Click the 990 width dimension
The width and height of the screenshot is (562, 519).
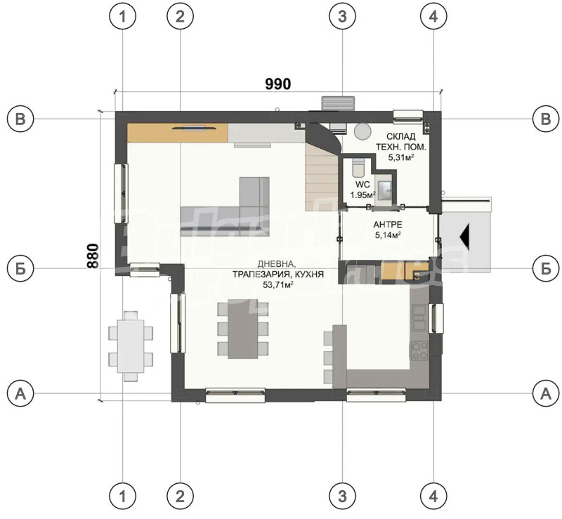(277, 84)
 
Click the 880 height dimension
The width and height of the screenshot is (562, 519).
(92, 257)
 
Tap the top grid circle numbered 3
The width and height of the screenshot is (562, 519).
(342, 19)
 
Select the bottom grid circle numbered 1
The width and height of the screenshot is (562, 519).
(124, 497)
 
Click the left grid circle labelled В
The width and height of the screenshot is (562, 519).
(21, 119)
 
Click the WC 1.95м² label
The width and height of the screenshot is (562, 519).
(362, 190)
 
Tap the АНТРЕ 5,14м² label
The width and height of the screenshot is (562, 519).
(387, 230)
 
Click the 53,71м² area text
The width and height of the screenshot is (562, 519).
(277, 286)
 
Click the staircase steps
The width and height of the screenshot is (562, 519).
(321, 176)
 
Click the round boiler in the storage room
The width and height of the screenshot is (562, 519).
(362, 131)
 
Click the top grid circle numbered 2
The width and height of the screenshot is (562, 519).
(181, 19)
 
